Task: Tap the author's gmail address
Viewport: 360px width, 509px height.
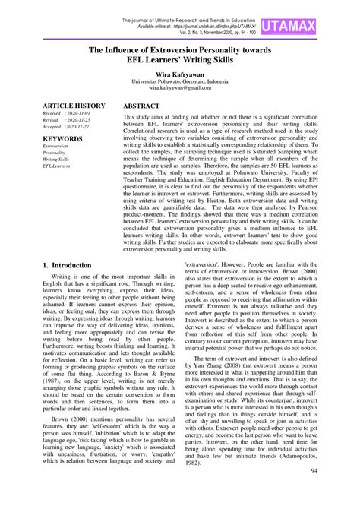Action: (x=180, y=89)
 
